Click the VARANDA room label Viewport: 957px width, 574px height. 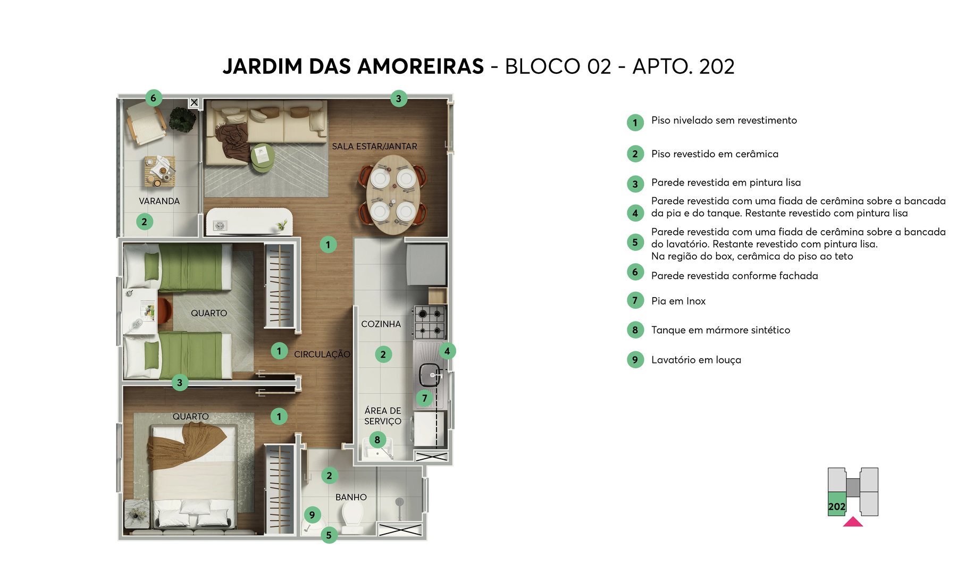click(x=159, y=201)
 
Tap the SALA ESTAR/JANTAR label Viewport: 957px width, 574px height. click(x=374, y=146)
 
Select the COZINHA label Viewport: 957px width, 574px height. click(x=381, y=324)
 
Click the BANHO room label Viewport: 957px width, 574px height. click(x=351, y=497)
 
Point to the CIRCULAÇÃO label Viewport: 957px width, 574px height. click(x=322, y=354)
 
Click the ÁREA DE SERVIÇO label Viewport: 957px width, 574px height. click(x=383, y=416)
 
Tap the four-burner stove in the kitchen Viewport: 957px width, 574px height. click(x=430, y=322)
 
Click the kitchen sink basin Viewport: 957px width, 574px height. click(x=429, y=375)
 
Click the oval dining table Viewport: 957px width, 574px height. click(x=393, y=194)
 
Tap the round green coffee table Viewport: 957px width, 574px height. click(x=262, y=158)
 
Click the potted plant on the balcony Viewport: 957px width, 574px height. click(x=182, y=119)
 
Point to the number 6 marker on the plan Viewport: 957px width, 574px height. click(x=153, y=98)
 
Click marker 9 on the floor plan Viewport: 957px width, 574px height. click(x=312, y=514)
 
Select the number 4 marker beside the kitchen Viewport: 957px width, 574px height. click(x=447, y=351)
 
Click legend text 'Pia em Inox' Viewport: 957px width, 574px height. click(x=678, y=301)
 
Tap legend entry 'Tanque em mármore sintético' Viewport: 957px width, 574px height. click(x=720, y=330)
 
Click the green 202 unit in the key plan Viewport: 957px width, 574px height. click(x=836, y=504)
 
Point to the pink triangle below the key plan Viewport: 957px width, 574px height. click(x=853, y=522)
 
